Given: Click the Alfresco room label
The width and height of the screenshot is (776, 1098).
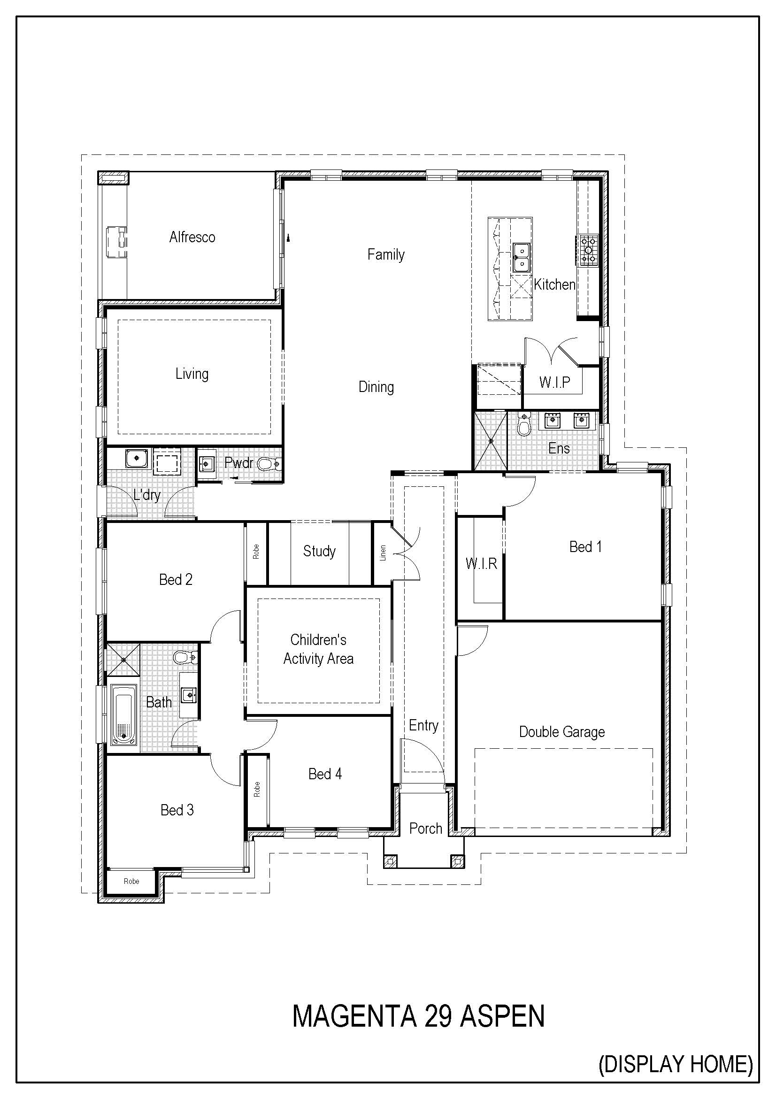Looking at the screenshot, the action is [x=192, y=237].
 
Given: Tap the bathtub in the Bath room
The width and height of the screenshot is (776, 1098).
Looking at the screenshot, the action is [x=123, y=715].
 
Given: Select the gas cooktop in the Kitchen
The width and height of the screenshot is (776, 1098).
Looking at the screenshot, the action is [x=588, y=250].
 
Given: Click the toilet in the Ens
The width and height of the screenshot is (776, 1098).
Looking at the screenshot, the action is [x=524, y=424].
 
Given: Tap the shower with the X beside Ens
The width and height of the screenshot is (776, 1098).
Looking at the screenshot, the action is [x=491, y=440].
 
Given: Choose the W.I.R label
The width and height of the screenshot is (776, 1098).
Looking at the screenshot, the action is [x=482, y=564].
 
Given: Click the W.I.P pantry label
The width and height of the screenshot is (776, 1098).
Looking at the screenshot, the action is [x=554, y=382].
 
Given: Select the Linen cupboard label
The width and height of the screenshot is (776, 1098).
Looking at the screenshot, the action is [x=383, y=553].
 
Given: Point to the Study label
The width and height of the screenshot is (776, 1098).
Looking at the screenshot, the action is [x=319, y=552].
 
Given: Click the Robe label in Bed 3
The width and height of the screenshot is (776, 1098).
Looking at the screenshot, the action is [x=131, y=882].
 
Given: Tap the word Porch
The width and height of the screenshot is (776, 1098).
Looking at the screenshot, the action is [x=425, y=828].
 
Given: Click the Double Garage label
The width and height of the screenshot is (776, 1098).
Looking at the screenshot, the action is [x=562, y=732].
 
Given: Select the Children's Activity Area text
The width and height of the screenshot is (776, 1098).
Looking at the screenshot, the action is [x=318, y=649].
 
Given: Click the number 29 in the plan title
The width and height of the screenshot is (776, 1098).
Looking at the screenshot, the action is [x=438, y=1016].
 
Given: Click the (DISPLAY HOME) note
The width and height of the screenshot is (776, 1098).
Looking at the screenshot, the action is [x=676, y=1065].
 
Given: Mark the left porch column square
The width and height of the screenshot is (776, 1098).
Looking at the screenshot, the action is [x=391, y=861].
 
